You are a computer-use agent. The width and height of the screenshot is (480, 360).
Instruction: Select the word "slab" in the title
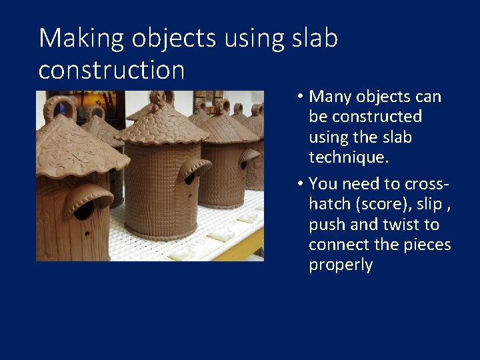click(315, 39)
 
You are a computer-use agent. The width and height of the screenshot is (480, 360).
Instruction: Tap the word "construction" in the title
click(111, 69)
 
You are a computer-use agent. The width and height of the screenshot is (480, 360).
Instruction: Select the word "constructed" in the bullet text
click(365, 117)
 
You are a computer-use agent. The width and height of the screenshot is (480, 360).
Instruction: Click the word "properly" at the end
click(340, 265)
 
